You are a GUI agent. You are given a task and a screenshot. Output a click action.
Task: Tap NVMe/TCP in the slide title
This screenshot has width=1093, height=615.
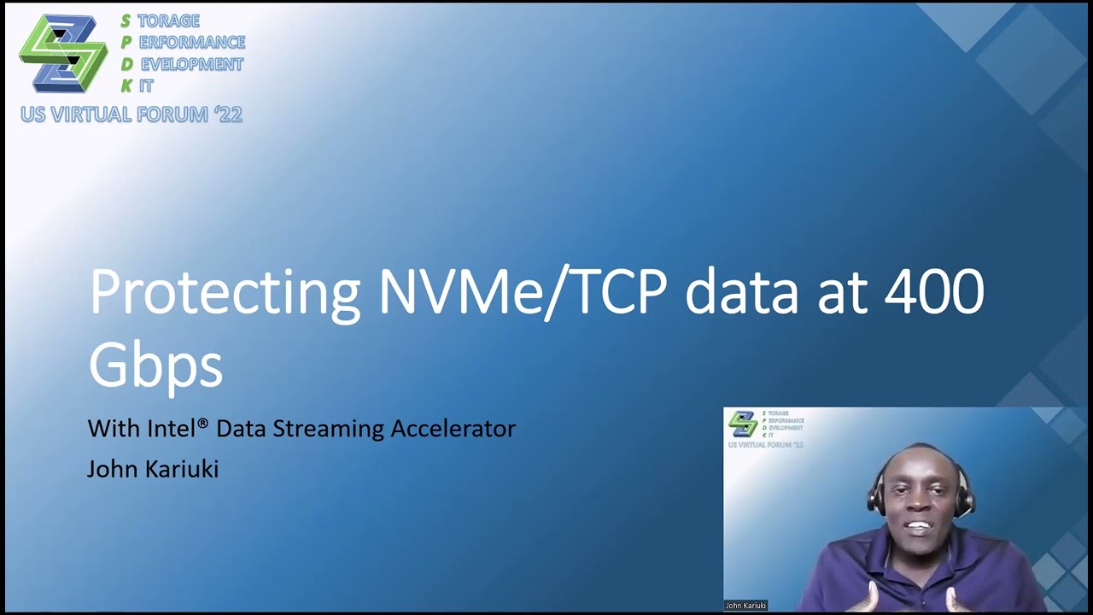[x=523, y=293]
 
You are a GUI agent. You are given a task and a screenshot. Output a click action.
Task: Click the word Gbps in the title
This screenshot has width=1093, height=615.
[x=155, y=366]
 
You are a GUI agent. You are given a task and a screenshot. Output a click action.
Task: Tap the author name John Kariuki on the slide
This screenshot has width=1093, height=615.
[x=153, y=469]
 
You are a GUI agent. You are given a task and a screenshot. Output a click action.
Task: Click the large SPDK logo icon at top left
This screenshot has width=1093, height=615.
[x=63, y=53]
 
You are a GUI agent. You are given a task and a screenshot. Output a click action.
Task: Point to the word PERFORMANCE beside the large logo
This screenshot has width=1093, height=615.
[x=191, y=42]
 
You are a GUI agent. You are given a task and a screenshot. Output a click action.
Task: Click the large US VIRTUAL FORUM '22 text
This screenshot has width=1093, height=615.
[x=132, y=114]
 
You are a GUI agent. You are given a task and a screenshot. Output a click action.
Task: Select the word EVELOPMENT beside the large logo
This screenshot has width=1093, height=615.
[x=191, y=64]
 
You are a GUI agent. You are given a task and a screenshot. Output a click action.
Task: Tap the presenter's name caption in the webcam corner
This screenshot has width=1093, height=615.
[x=745, y=606]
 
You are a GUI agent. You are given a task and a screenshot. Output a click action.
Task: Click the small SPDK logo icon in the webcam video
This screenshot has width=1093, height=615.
[x=742, y=423]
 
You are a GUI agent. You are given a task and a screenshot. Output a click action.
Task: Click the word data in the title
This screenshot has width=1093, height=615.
[x=741, y=293]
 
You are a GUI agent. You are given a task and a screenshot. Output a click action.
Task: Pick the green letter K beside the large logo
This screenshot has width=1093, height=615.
[x=126, y=85]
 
